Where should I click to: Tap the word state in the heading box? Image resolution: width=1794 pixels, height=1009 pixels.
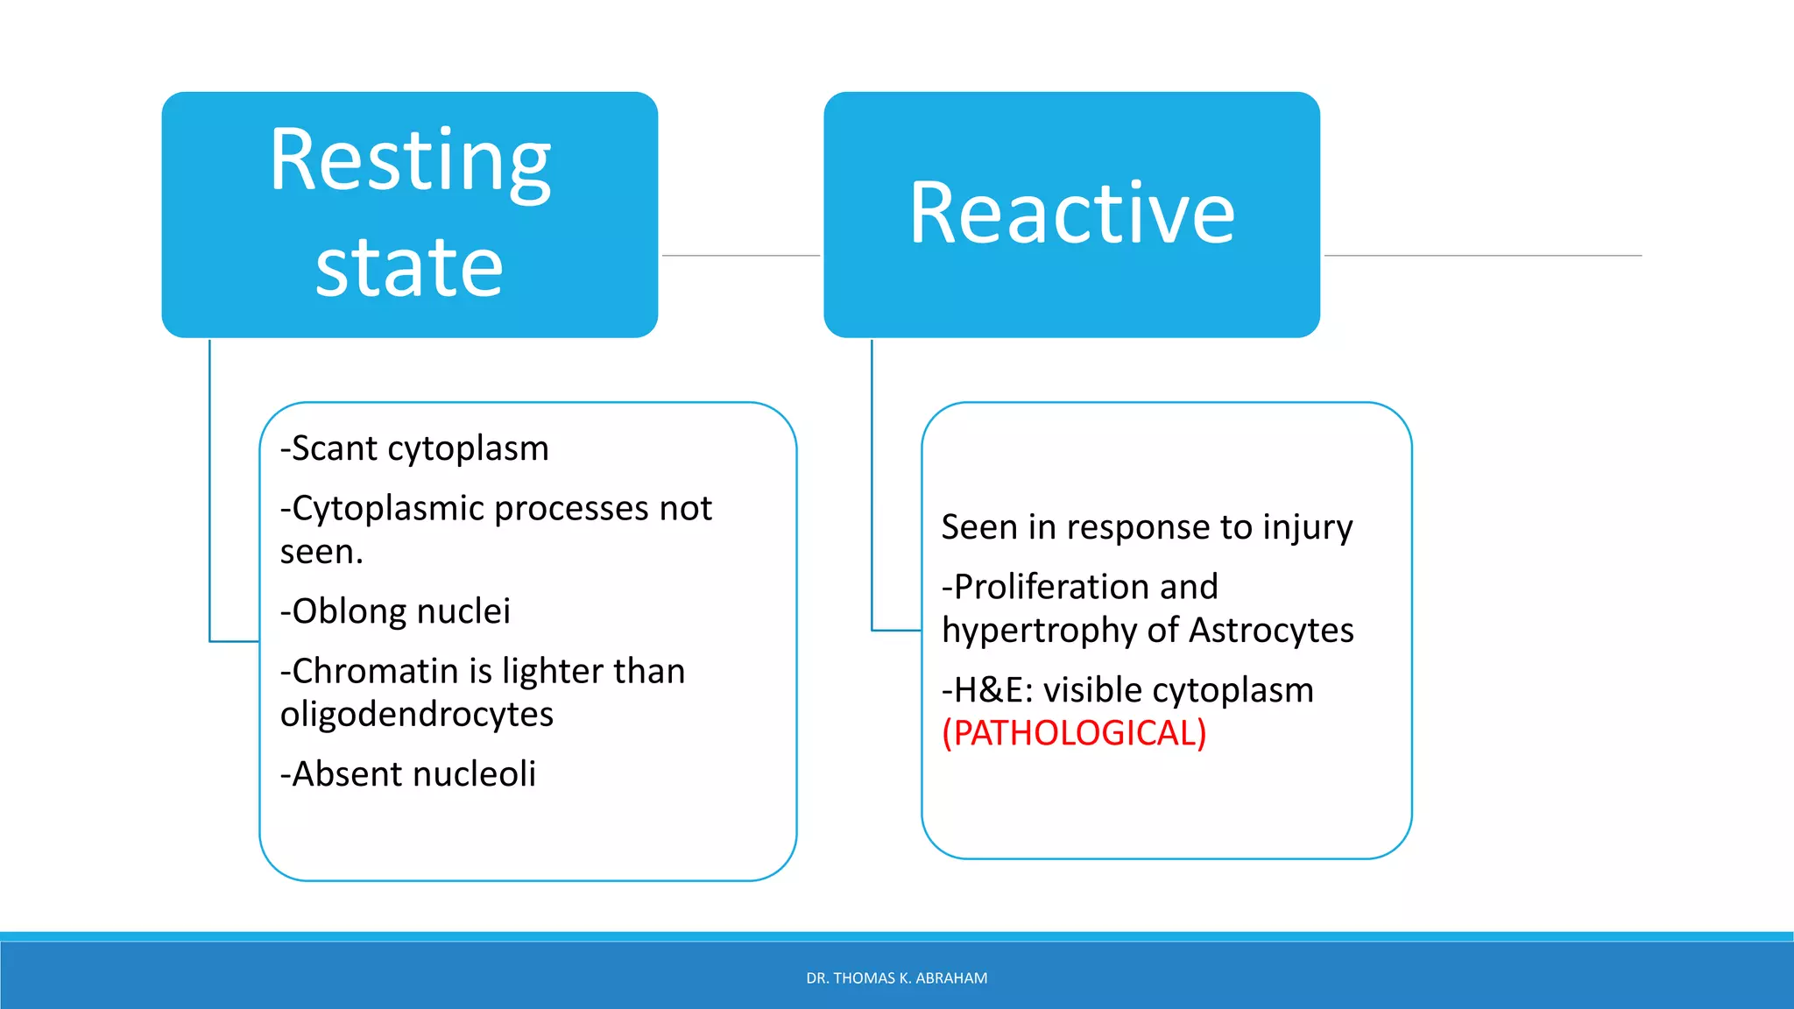pyautogui.click(x=409, y=267)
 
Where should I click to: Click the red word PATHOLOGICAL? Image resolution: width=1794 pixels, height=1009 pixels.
pyautogui.click(x=1074, y=733)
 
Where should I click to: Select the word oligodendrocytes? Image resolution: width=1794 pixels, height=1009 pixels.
pyautogui.click(x=417, y=715)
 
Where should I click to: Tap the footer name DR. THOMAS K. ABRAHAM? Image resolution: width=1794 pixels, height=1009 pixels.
pyautogui.click(x=896, y=978)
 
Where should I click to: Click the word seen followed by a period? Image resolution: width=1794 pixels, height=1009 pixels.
pyautogui.click(x=321, y=553)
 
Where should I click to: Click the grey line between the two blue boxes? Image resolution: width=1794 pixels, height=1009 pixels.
pyautogui.click(x=740, y=256)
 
